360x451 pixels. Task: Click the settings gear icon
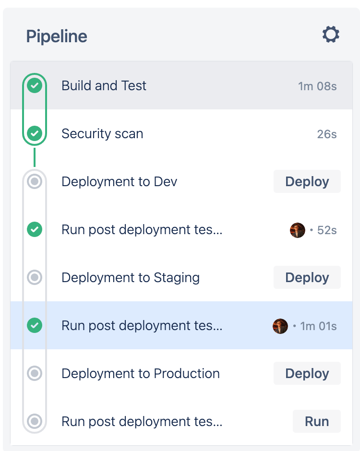pos(331,35)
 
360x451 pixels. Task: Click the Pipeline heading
pos(57,36)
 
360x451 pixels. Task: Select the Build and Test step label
pos(104,86)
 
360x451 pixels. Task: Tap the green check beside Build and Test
pos(35,86)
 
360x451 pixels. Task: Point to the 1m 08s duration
pos(317,86)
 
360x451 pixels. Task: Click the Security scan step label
pos(102,134)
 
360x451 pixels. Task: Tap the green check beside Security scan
pos(35,133)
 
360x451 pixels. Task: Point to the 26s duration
pos(327,134)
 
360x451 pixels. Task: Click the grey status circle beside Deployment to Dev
pos(35,181)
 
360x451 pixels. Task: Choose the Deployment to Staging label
pos(131,278)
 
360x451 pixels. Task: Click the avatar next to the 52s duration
pos(298,230)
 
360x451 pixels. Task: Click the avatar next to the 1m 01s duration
pos(280,326)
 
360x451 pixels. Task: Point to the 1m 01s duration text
pos(318,326)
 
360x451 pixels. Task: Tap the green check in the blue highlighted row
pos(35,325)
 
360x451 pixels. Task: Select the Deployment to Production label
pos(141,374)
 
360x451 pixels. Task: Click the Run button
pos(317,421)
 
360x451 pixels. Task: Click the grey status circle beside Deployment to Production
pos(35,373)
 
